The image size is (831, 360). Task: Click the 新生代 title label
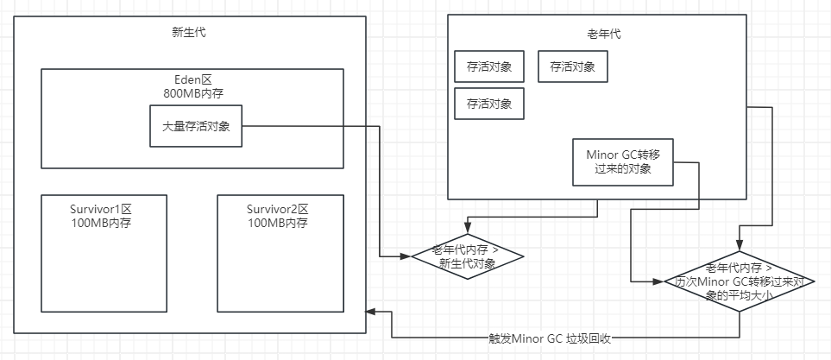189,34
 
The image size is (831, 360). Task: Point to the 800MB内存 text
193,92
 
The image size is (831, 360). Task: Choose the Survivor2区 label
280,210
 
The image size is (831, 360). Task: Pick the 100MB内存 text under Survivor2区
280,223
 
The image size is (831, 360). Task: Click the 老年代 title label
597,35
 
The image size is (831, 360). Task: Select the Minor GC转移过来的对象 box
622,161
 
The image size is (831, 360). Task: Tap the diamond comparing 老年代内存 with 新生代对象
467,256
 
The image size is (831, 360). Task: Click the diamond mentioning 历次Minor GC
740,281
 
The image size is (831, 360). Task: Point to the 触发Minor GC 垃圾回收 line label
550,338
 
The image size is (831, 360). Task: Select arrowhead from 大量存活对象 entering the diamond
406,256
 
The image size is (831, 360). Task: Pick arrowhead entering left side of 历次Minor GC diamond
662,281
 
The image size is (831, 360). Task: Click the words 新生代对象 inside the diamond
467,263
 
